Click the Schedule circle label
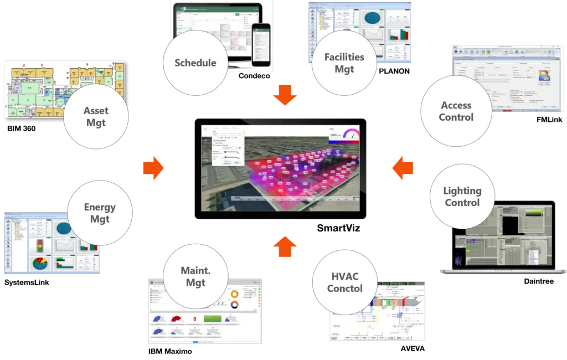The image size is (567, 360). tap(195, 63)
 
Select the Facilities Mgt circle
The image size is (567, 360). tap(344, 63)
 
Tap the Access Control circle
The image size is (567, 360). tap(456, 111)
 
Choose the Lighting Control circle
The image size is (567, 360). tap(462, 197)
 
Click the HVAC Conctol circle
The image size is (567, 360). tap(344, 282)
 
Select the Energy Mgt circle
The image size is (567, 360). tap(100, 213)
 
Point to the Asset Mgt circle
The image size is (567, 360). tap(96, 116)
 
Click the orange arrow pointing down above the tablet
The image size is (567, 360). tap(285, 95)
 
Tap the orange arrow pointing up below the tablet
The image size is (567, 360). tap(285, 246)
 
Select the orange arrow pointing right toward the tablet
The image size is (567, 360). tap(153, 168)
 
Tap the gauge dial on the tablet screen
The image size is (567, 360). tap(350, 135)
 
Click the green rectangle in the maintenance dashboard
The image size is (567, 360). tap(213, 319)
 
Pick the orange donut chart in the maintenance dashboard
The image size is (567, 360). tap(234, 294)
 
